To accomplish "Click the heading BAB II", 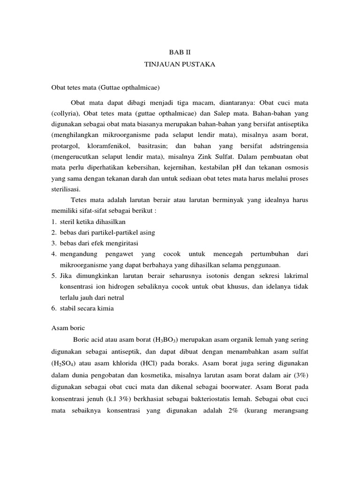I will coord(180,53).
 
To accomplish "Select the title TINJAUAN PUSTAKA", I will coord(180,65).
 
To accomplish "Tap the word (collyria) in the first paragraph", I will coord(64,113).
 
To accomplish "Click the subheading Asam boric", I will coord(67,329).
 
